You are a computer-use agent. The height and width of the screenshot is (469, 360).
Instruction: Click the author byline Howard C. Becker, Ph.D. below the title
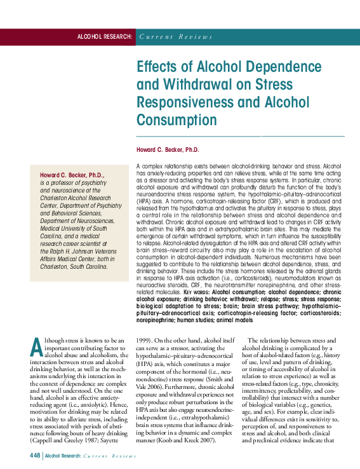[x=168, y=149]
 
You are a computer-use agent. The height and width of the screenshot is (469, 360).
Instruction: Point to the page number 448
[x=36, y=456]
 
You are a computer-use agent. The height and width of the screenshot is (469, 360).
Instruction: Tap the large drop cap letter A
[x=37, y=346]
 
